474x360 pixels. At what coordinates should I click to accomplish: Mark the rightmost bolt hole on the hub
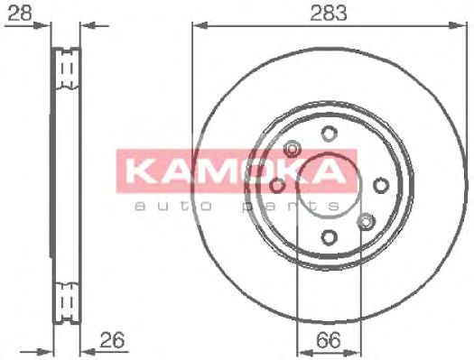pos(381,185)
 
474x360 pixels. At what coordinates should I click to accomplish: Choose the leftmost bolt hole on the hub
pos(277,185)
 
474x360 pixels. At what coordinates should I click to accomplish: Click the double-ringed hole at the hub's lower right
pos(366,220)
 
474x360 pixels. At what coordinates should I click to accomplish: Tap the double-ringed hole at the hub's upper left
pos(293,149)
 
